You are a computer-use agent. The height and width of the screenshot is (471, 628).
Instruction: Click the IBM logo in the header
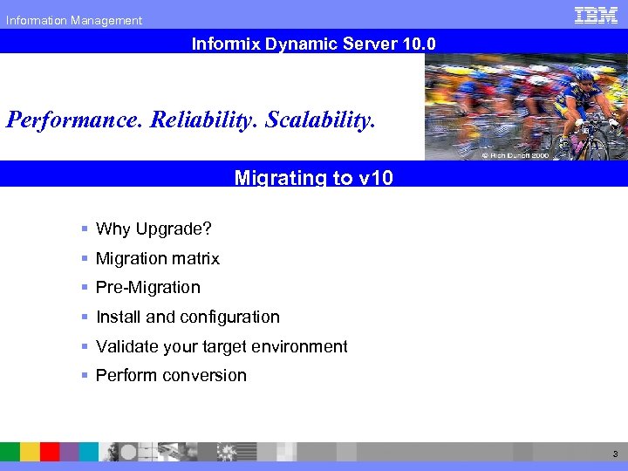597,15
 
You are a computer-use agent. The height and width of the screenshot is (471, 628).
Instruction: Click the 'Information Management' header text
74,20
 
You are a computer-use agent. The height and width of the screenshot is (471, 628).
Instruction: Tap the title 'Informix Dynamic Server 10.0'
313,43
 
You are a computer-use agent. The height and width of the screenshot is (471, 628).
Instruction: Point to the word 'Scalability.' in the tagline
320,119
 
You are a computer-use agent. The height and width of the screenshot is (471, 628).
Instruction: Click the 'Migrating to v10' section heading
313,178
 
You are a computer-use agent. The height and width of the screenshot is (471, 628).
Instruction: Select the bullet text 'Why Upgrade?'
154,229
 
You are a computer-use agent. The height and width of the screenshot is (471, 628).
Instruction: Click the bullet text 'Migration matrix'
158,259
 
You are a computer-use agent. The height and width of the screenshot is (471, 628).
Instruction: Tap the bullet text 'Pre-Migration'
148,288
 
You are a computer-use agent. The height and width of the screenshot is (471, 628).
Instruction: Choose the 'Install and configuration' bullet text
188,317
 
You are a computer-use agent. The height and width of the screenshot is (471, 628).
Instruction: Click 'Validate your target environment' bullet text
222,347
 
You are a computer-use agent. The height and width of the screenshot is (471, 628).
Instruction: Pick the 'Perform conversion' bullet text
171,376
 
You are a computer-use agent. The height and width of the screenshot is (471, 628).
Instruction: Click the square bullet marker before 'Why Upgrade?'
85,229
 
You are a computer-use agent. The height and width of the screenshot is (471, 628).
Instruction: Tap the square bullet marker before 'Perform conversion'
85,376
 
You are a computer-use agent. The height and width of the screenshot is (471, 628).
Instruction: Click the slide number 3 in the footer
614,454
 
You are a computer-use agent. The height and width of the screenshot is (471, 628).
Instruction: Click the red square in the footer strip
50,452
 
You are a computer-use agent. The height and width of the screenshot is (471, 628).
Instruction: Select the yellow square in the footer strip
30,452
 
